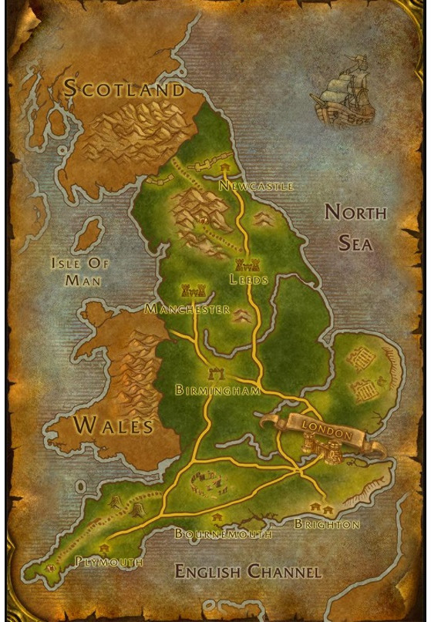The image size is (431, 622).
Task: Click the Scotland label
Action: (x=124, y=89)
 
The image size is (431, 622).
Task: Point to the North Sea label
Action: (x=354, y=227)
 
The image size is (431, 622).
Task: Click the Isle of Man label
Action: (x=80, y=271)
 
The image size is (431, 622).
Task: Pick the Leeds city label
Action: (x=248, y=280)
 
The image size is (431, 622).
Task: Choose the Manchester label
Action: (x=187, y=309)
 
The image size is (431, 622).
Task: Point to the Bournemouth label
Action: (x=223, y=533)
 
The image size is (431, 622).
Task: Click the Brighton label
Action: (x=327, y=524)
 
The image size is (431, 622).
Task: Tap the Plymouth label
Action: (x=109, y=562)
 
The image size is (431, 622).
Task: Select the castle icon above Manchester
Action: (x=192, y=291)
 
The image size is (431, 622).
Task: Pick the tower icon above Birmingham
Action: (x=217, y=375)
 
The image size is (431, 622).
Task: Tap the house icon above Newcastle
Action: (x=224, y=166)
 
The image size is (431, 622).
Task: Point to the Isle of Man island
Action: (x=90, y=234)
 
